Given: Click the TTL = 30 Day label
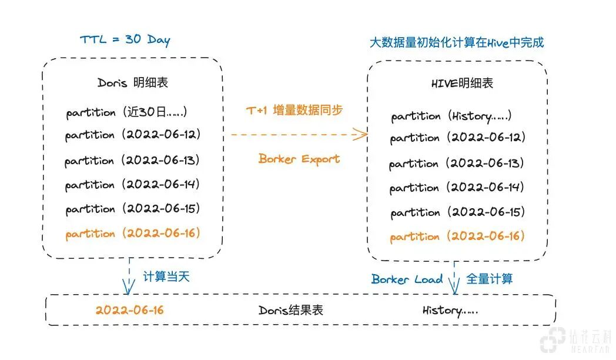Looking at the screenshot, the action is pyautogui.click(x=125, y=41).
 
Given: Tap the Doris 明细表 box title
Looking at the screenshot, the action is pyautogui.click(x=133, y=82).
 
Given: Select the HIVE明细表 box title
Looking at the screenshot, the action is pyautogui.click(x=462, y=84).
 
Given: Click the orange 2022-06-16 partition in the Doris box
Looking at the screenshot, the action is pyautogui.click(x=133, y=234).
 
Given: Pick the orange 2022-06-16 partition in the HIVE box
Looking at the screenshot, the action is pyautogui.click(x=457, y=236).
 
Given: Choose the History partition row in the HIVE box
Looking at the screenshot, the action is pyautogui.click(x=451, y=116).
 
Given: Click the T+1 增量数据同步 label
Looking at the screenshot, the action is pyautogui.click(x=294, y=110).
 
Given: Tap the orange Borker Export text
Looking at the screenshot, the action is pyautogui.click(x=299, y=159).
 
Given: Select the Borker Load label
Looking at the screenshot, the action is pyautogui.click(x=407, y=279).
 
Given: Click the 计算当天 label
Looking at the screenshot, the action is pyautogui.click(x=166, y=276).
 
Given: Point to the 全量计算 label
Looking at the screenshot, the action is pyautogui.click(x=489, y=278).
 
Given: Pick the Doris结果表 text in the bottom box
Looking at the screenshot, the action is pyautogui.click(x=291, y=310).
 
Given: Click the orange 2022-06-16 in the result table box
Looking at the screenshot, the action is pyautogui.click(x=129, y=310).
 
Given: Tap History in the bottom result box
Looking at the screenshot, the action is pyautogui.click(x=450, y=310).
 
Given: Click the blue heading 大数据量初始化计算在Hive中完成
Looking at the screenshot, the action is pyautogui.click(x=456, y=42).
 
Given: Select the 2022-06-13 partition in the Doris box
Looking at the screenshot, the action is pyautogui.click(x=133, y=160).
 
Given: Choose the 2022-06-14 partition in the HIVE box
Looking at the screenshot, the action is pyautogui.click(x=457, y=188).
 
